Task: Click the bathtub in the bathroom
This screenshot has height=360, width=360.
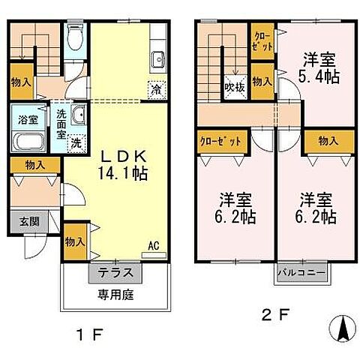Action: tap(27, 142)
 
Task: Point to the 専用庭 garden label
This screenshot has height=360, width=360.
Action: tap(112, 295)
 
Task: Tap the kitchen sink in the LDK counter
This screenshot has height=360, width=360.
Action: tap(158, 61)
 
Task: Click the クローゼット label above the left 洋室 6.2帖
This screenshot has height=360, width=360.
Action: tap(220, 141)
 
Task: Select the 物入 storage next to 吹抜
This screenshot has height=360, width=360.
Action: tap(262, 80)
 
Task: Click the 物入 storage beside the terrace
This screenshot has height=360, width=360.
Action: tap(74, 241)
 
